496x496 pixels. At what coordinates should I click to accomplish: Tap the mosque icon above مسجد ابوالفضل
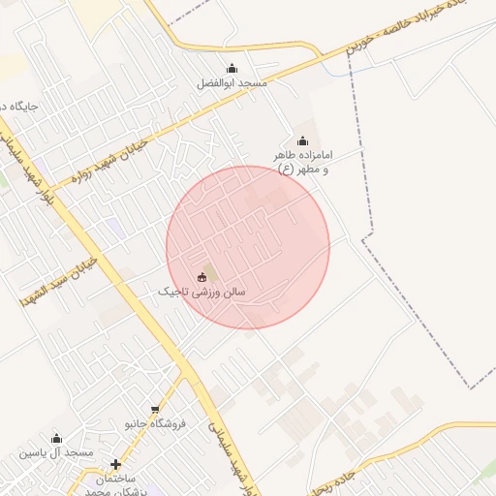(x=232, y=68)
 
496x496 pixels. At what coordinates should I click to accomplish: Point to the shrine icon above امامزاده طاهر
(x=301, y=141)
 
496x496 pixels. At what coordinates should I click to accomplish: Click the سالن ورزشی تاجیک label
(x=202, y=291)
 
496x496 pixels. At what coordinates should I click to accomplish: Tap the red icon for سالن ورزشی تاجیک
(x=202, y=277)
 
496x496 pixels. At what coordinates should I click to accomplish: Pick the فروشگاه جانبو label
(x=155, y=424)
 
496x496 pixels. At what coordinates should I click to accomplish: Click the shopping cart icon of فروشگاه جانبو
(x=155, y=410)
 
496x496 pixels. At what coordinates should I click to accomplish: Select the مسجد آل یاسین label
(x=56, y=452)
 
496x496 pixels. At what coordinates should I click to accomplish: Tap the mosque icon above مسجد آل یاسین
(x=56, y=438)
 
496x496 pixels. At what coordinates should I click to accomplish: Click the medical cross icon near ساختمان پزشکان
(x=116, y=464)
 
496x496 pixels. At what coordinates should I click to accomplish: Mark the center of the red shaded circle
(x=248, y=247)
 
